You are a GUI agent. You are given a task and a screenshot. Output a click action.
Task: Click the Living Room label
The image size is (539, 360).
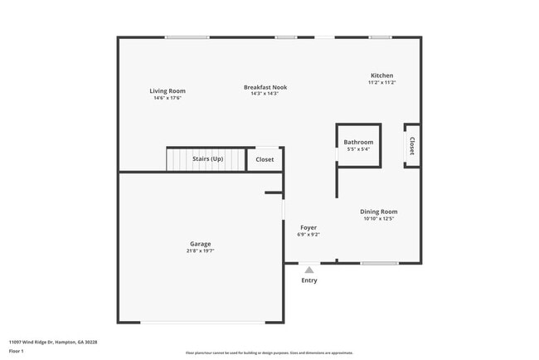168,90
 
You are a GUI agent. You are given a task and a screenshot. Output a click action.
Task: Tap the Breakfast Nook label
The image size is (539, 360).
265,87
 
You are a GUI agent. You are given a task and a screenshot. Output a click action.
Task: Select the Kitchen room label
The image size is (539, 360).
381,75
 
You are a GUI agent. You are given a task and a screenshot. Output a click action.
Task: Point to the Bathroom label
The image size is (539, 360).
358,142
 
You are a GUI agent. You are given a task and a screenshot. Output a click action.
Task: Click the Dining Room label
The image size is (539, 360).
378,212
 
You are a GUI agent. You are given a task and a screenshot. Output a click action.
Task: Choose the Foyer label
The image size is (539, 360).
308,227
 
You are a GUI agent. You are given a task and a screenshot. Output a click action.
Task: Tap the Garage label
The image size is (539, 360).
199,244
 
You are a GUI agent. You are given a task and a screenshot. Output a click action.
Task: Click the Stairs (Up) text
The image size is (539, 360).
207,158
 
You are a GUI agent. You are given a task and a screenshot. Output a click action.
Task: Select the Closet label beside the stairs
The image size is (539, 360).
265,159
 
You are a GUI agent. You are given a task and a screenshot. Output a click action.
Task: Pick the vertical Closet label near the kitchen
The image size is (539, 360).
411,146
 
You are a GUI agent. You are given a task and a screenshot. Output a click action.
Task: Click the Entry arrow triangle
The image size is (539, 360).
309,270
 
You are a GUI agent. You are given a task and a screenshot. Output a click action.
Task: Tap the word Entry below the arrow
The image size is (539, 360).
309,280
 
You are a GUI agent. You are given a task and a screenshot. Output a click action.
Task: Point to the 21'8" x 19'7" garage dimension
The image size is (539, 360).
199,251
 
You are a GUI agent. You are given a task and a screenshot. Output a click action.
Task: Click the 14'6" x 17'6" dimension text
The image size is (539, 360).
168,98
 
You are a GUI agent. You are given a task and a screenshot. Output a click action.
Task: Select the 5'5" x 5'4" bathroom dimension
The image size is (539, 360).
358,149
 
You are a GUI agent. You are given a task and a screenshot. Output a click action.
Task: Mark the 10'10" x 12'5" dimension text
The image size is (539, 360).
378,219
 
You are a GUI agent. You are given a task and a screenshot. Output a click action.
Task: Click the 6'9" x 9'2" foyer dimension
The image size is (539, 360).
308,235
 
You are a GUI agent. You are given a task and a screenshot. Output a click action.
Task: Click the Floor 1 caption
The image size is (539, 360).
17,352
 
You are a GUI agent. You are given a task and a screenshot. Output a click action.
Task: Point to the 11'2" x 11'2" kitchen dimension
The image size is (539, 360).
381,83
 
